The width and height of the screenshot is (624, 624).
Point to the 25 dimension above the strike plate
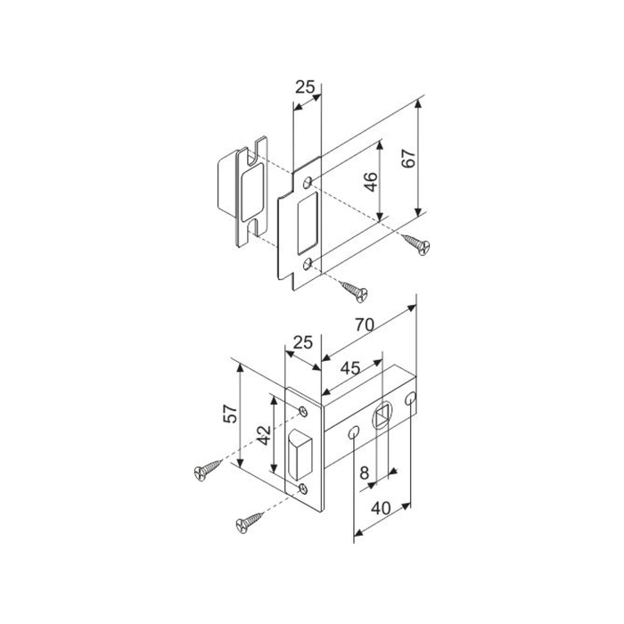pyautogui.click(x=305, y=87)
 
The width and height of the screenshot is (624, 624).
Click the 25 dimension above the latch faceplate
pyautogui.click(x=301, y=342)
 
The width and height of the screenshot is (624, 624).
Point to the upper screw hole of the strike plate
pyautogui.click(x=308, y=183)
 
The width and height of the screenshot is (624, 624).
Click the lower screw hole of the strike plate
pyautogui.click(x=308, y=264)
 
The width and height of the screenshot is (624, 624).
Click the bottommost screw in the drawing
pyautogui.click(x=250, y=523)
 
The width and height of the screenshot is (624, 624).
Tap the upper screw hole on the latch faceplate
pyautogui.click(x=305, y=411)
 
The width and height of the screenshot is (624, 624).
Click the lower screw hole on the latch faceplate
pyautogui.click(x=305, y=487)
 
